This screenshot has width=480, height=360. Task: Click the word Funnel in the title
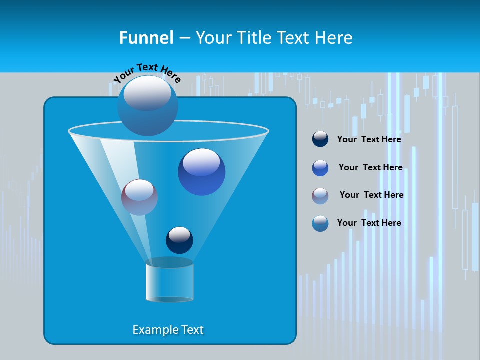146,38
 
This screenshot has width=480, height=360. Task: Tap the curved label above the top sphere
147,73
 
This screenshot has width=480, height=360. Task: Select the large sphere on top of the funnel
148,106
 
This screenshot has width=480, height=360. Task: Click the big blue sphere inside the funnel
201,172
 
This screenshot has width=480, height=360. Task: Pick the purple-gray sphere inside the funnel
139,197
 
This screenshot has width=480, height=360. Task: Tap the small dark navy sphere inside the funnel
179,240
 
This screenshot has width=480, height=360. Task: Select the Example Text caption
168,330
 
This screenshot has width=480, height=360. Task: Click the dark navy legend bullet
320,139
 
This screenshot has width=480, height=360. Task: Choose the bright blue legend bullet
320,168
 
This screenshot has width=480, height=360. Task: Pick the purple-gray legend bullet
320,196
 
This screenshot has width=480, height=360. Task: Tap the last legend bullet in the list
320,223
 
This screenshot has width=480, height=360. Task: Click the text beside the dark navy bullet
369,140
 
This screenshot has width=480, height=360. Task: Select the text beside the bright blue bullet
370,167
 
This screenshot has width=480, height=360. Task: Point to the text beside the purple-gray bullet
371,195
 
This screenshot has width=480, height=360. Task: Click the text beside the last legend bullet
369,223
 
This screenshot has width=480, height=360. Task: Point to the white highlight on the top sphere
147,93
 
